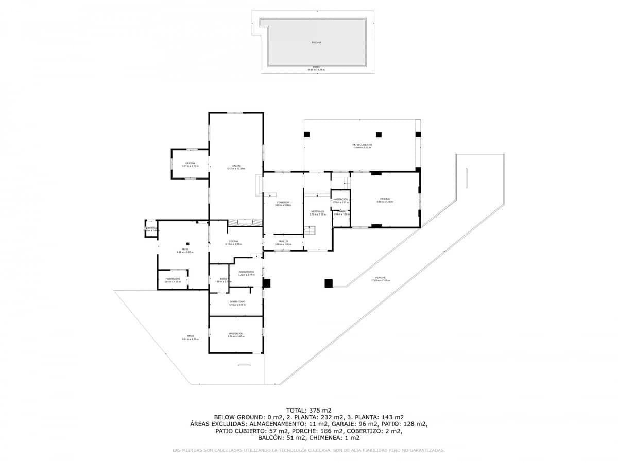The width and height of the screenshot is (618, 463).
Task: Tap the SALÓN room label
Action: pos(236,166)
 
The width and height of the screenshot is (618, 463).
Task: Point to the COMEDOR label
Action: pos(283,202)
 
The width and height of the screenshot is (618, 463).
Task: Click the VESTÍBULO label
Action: pos(317,211)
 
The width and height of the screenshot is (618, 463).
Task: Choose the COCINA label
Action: pos(233,241)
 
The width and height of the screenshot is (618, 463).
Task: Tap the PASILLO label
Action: pos(283,241)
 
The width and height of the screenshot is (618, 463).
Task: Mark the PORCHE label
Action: pos(381,277)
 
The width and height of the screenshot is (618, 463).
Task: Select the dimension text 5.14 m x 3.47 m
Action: pos(236,336)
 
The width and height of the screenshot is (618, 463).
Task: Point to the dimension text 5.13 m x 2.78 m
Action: pos(237,305)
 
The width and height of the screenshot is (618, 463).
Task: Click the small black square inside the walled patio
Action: pos(188,243)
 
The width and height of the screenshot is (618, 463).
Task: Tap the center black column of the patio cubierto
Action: pos(379,134)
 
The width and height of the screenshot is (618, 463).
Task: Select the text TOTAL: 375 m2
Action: pos(308,410)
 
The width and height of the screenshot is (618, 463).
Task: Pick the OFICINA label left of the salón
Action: pos(191,163)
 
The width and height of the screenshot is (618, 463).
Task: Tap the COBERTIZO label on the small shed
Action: pos(151,227)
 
